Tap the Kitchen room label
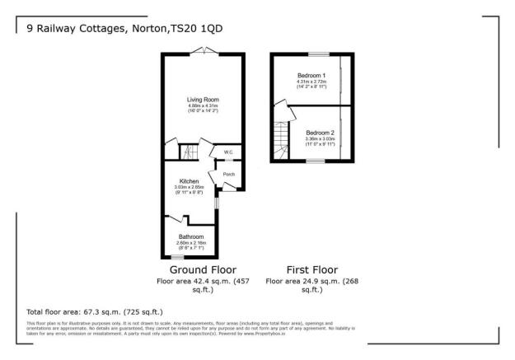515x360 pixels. (x=190, y=181)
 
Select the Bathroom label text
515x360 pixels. (x=190, y=236)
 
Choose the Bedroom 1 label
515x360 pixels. (x=311, y=75)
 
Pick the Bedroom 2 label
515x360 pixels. (x=320, y=133)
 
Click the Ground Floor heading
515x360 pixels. (x=203, y=269)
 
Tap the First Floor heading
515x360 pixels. (x=311, y=269)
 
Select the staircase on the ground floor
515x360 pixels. (x=188, y=152)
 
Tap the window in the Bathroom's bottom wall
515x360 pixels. (x=176, y=258)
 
